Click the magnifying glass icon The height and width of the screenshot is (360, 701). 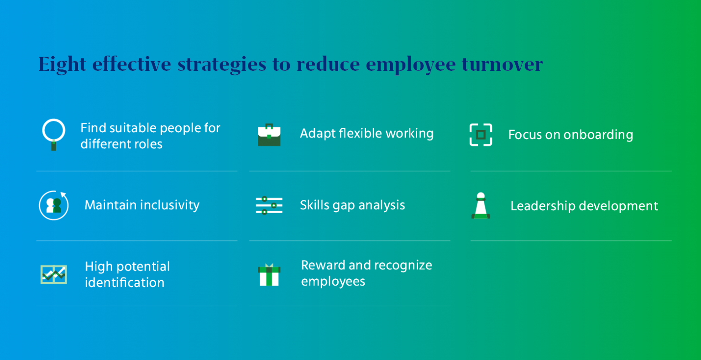tap(54, 134)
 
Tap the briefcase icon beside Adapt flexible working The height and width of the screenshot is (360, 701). tap(269, 135)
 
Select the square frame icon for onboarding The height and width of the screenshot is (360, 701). tap(481, 135)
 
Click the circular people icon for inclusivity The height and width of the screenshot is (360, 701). tap(54, 205)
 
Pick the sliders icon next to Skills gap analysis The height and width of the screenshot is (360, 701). tap(269, 205)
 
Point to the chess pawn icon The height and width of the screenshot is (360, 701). tap(480, 206)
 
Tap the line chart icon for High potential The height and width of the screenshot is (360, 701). tap(53, 274)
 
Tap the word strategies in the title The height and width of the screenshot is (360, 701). tap(222, 64)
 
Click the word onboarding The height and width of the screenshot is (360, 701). tap(598, 135)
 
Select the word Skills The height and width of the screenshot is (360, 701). tap(314, 205)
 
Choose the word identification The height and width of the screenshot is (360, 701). tap(125, 282)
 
